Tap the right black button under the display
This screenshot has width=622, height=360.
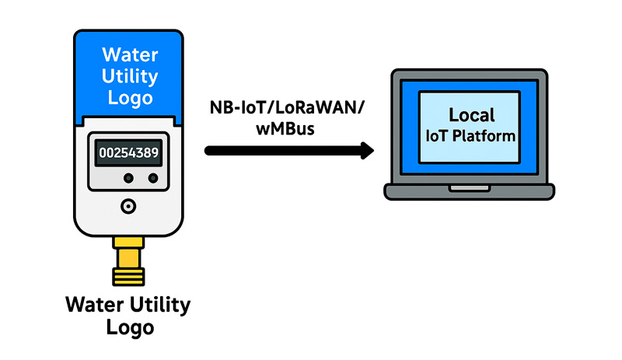click(152, 179)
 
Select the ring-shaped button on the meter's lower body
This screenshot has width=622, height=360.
click(128, 206)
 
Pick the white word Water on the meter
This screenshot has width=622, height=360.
click(129, 56)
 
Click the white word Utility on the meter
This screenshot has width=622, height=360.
click(129, 77)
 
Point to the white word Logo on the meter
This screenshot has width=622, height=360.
click(129, 99)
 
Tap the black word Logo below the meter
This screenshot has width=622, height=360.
click(129, 327)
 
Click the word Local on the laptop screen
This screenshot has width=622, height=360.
click(471, 115)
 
